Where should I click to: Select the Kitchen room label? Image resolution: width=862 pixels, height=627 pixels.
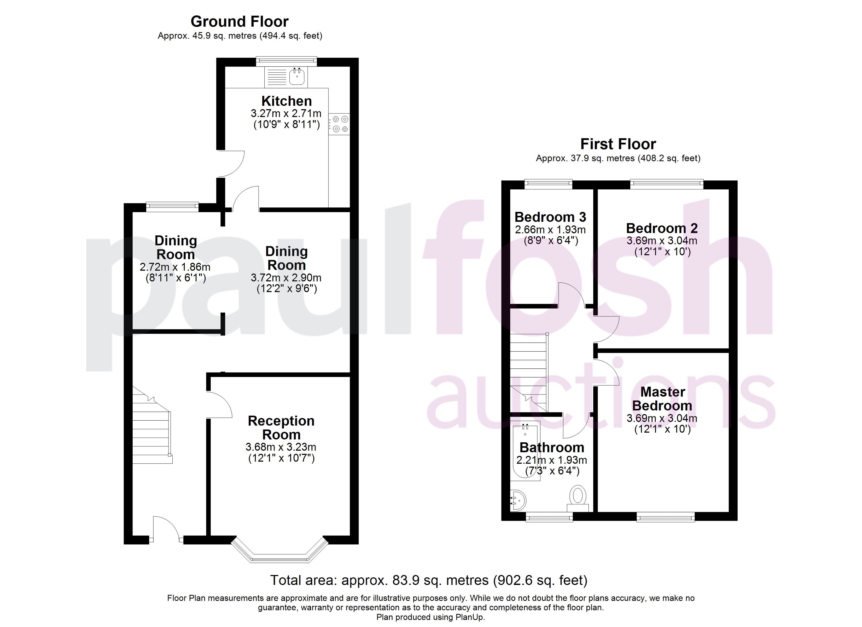click(x=287, y=101)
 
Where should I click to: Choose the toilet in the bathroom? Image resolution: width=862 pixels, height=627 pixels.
click(x=578, y=498)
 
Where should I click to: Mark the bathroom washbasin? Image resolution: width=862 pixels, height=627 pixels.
click(x=518, y=500)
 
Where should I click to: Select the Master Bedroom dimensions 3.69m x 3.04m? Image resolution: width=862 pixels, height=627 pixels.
click(x=662, y=418)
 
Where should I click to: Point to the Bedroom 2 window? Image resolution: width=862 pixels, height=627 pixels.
click(x=667, y=184)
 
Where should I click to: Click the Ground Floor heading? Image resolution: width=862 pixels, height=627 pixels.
click(x=240, y=22)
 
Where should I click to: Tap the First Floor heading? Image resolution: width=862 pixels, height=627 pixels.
click(x=618, y=144)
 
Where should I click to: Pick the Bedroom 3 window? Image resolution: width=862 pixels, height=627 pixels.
click(x=549, y=184)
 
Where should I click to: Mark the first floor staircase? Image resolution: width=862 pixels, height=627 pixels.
click(x=529, y=373)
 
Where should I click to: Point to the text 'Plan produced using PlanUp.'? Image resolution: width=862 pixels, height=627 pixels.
click(x=431, y=617)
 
